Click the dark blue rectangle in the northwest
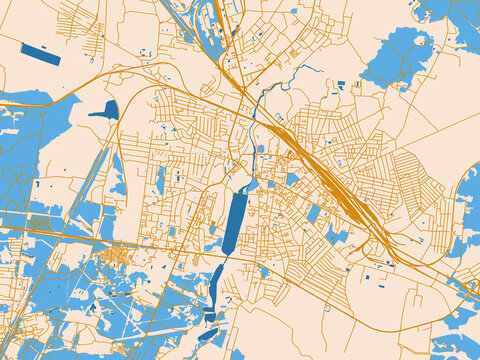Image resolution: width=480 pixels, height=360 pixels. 40,54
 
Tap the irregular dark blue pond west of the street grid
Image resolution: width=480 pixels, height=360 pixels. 104,110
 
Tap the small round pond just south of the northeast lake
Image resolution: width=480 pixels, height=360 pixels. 404,88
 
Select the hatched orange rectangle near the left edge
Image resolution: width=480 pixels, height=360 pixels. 40,222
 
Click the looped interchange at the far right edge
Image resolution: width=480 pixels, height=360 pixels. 467,287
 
